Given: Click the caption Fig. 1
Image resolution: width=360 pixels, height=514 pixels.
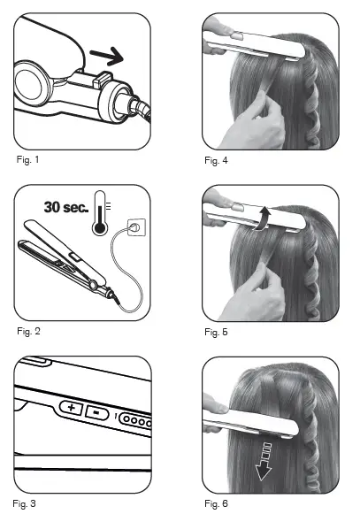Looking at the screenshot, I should click(30, 162).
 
